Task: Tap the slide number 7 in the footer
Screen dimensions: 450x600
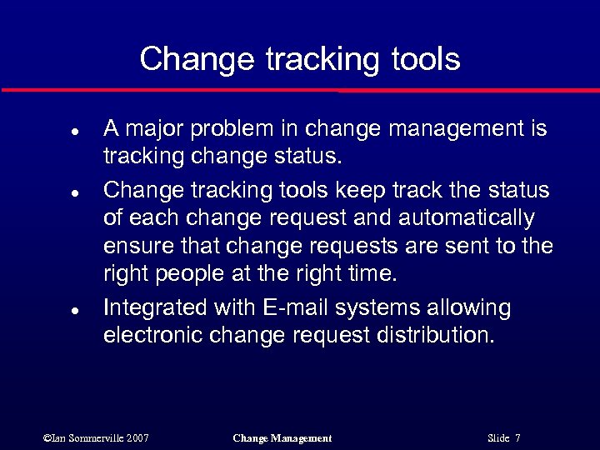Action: pyautogui.click(x=518, y=438)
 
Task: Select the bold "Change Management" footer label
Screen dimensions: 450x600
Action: pyautogui.click(x=282, y=438)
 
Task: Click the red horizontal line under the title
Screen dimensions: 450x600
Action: pyautogui.click(x=300, y=89)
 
